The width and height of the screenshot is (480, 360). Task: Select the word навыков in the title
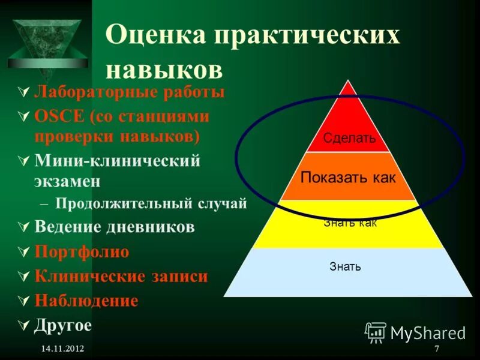click(164, 70)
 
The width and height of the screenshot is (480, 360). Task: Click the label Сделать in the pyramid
click(349, 139)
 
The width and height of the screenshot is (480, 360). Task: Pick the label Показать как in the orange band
click(348, 178)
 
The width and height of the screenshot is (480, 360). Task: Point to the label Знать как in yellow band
click(350, 223)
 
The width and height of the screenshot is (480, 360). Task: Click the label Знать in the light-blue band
click(345, 266)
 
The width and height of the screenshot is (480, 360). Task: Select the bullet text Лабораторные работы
click(130, 92)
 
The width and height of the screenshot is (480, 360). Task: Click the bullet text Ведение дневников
click(115, 227)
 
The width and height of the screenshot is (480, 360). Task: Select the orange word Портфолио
click(82, 252)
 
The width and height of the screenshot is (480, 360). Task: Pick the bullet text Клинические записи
click(121, 277)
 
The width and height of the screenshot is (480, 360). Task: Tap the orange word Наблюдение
click(86, 301)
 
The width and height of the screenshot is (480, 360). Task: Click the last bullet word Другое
click(63, 325)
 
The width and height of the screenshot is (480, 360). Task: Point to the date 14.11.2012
click(63, 349)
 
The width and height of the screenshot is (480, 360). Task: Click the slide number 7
click(436, 349)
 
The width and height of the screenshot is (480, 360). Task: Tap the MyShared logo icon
click(376, 332)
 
